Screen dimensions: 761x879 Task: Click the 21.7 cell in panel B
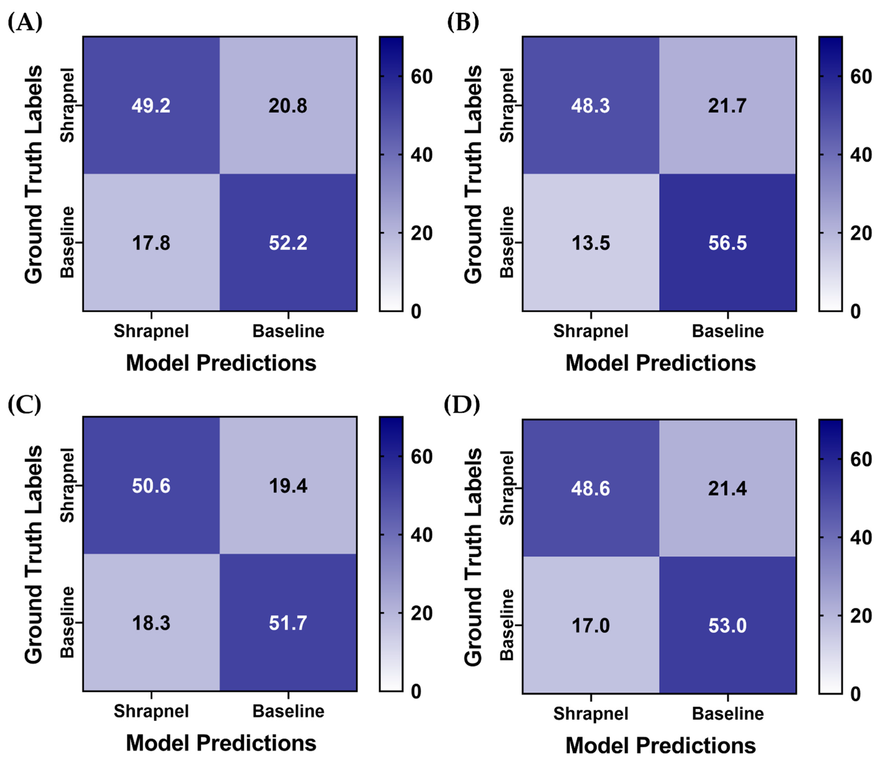[x=727, y=106]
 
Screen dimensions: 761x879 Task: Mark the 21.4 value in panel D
[x=727, y=489]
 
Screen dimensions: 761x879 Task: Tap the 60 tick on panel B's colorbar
[x=861, y=77]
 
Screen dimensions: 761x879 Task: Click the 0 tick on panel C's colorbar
[x=416, y=692]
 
